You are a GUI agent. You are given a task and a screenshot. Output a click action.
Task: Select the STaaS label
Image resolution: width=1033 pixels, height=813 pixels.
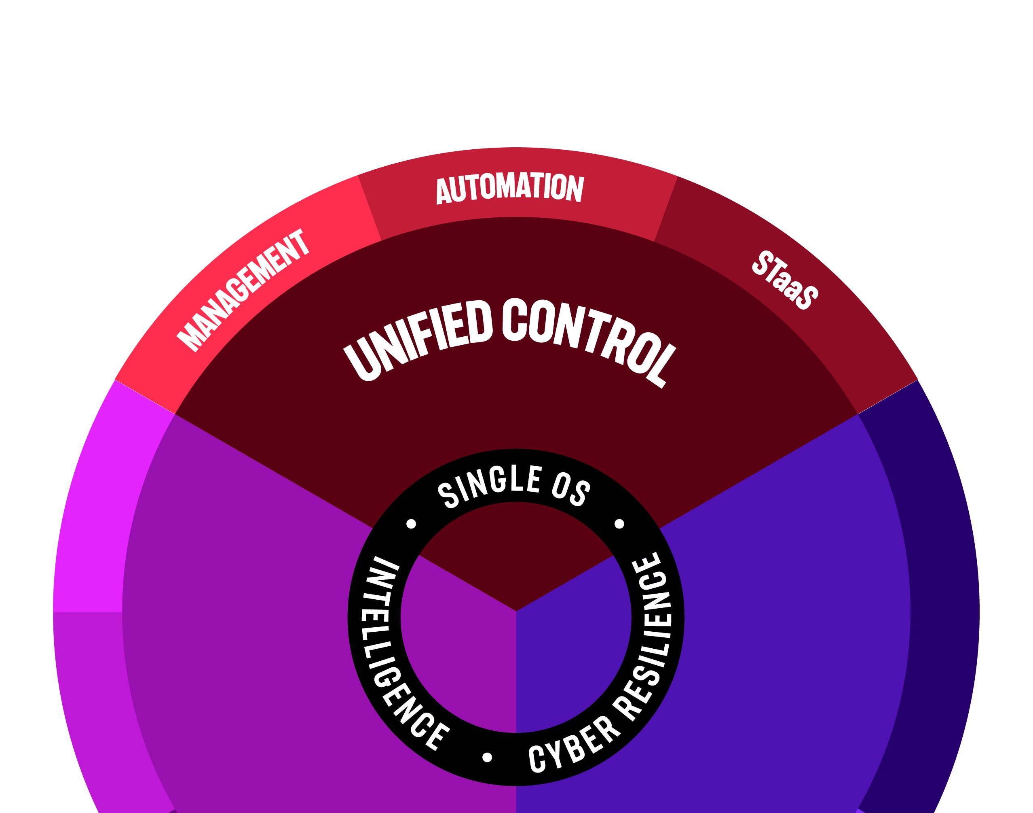pos(785,280)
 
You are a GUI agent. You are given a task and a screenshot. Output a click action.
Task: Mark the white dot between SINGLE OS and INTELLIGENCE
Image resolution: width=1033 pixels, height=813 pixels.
pos(412,524)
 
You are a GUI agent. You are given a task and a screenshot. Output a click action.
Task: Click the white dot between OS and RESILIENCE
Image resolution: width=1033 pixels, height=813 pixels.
pos(619,524)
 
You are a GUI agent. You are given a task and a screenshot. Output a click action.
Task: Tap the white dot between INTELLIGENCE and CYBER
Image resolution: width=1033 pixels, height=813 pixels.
pos(487,757)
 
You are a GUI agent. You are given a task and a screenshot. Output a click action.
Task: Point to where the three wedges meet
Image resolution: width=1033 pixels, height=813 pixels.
pos(516,611)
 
